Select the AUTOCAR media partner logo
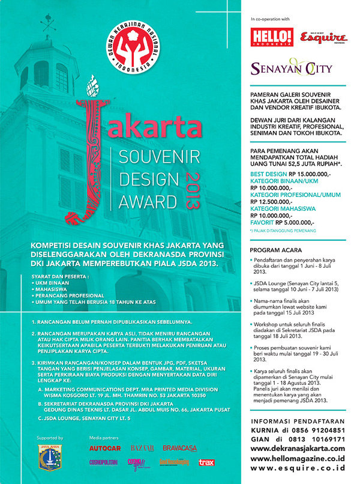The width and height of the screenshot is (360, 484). tap(106, 447)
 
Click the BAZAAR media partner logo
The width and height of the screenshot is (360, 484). tap(142, 447)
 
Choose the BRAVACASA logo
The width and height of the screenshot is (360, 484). tap(180, 447)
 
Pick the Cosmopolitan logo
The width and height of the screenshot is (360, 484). tap(106, 462)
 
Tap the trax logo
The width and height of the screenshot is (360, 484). tap(206, 462)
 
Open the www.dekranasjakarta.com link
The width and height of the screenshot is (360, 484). tap(298, 448)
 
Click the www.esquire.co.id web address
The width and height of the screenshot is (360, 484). tap(298, 468)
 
